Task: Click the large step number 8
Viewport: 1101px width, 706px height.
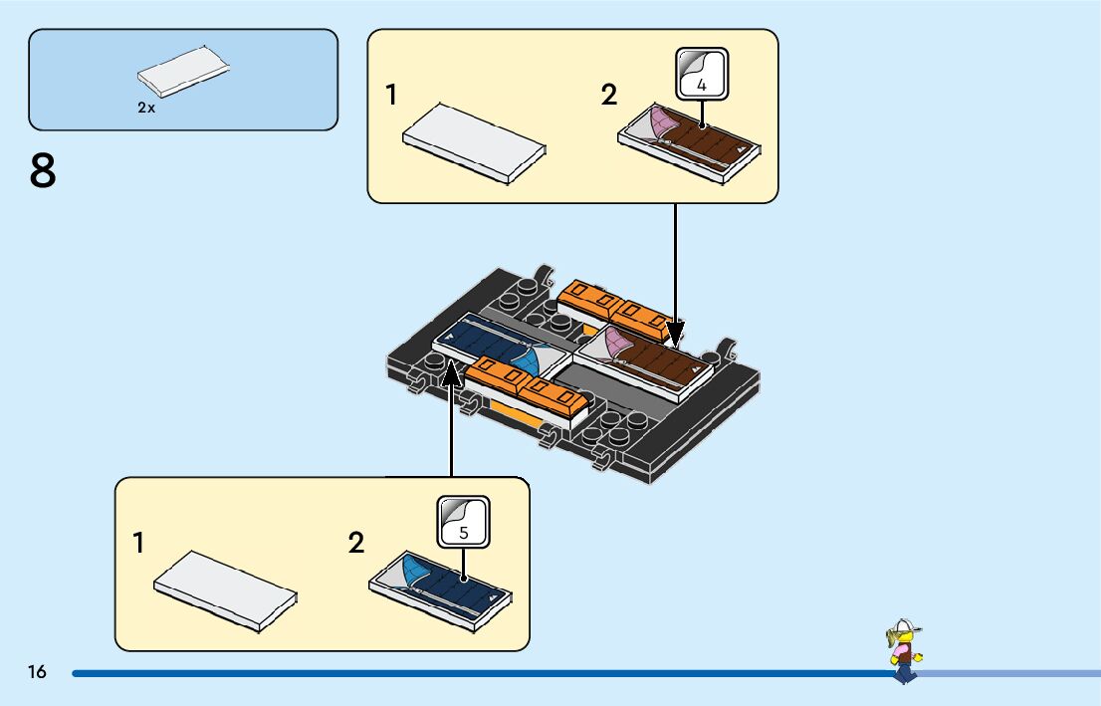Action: pyautogui.click(x=43, y=171)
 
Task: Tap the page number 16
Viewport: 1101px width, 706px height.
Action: pyautogui.click(x=38, y=673)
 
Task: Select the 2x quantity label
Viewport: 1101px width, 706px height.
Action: pyautogui.click(x=146, y=108)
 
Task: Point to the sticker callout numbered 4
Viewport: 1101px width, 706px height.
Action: pyautogui.click(x=702, y=75)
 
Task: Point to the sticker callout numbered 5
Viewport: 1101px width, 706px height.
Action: pyautogui.click(x=464, y=521)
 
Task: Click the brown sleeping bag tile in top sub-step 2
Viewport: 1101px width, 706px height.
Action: pyautogui.click(x=691, y=146)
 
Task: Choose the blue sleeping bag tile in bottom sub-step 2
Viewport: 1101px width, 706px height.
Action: pyautogui.click(x=441, y=584)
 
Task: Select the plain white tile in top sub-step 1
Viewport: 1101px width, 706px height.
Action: pyautogui.click(x=474, y=142)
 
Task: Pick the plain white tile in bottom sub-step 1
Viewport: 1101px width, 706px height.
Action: pyautogui.click(x=226, y=589)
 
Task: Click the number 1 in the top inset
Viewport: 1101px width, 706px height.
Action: pyautogui.click(x=391, y=96)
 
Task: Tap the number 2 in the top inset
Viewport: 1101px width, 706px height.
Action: pyautogui.click(x=609, y=96)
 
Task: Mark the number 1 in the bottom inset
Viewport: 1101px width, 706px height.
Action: pyautogui.click(x=138, y=544)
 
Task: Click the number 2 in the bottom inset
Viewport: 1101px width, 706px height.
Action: pyautogui.click(x=356, y=544)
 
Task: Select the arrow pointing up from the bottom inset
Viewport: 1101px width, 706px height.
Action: pyautogui.click(x=451, y=418)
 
